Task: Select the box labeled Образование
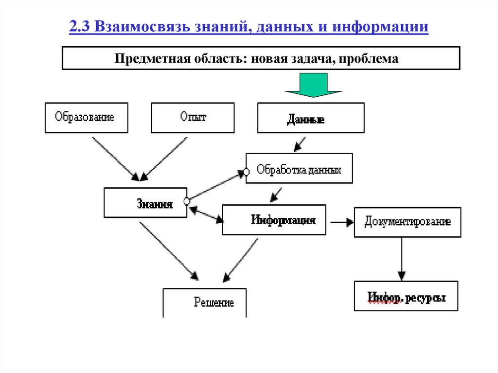(x=86, y=117)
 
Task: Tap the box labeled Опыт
(x=193, y=117)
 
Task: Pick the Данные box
(x=311, y=118)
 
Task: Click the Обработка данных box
(x=299, y=169)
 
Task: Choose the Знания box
(x=145, y=203)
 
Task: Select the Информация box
(x=274, y=220)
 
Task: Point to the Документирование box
(x=408, y=222)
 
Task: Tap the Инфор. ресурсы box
(x=406, y=296)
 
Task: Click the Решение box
(x=205, y=302)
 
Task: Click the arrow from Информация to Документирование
(x=342, y=222)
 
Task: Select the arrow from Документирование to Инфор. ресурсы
(x=402, y=259)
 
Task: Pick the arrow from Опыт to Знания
(x=165, y=158)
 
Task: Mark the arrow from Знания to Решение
(x=169, y=251)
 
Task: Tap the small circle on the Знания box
(x=187, y=201)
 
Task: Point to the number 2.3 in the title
(x=80, y=27)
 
